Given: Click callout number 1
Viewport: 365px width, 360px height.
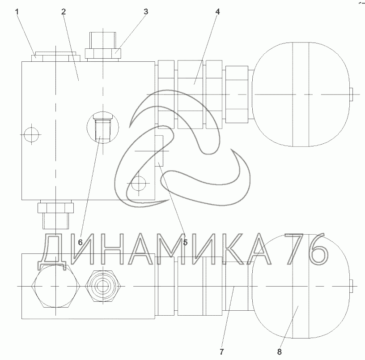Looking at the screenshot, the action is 17,12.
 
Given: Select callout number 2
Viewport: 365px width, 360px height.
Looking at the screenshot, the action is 64,12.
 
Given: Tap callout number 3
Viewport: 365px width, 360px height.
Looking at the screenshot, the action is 146,12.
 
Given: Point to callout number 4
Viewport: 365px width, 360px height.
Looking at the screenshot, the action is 217,12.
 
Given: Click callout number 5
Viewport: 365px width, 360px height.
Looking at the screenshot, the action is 185,243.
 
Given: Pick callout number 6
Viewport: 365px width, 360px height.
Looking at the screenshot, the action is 80,243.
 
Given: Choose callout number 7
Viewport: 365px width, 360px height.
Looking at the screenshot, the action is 221,351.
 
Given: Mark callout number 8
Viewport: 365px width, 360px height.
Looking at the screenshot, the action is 279,351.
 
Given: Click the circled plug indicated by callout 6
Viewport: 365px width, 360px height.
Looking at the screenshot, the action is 103,128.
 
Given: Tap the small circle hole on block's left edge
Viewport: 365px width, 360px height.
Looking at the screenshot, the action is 31,135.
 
